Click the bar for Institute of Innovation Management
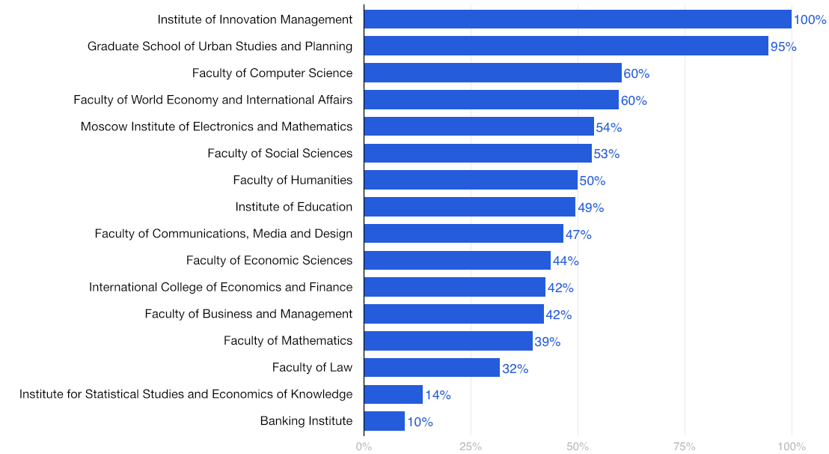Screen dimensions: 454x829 [x=578, y=19]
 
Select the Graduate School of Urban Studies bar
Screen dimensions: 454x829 [x=566, y=46]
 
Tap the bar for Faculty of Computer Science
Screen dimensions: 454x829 [x=492, y=73]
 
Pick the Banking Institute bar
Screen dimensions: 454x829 [x=385, y=421]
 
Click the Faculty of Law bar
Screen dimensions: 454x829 [x=432, y=368]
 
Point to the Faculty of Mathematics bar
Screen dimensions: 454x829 [x=448, y=341]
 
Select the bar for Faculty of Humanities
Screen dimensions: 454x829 [x=471, y=181]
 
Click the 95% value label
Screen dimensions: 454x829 [x=783, y=47]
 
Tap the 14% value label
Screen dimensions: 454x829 [x=438, y=395]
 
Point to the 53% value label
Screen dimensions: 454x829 [x=606, y=154]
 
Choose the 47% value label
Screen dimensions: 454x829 [x=578, y=234]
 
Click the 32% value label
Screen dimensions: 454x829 [x=515, y=369]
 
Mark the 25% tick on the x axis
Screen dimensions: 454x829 [x=471, y=447]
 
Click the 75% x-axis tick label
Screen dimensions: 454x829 [x=685, y=447]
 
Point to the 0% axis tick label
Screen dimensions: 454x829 [x=364, y=447]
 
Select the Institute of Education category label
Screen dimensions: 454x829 [x=293, y=207]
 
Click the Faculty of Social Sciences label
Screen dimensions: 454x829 [x=280, y=154]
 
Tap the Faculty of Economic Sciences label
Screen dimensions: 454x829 [x=269, y=261]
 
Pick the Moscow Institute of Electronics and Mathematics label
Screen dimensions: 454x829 [x=216, y=127]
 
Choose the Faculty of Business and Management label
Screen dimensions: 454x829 [x=248, y=314]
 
